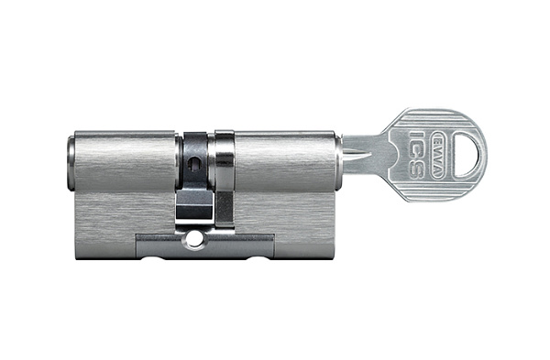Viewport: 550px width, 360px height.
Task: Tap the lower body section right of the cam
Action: (293, 224)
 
